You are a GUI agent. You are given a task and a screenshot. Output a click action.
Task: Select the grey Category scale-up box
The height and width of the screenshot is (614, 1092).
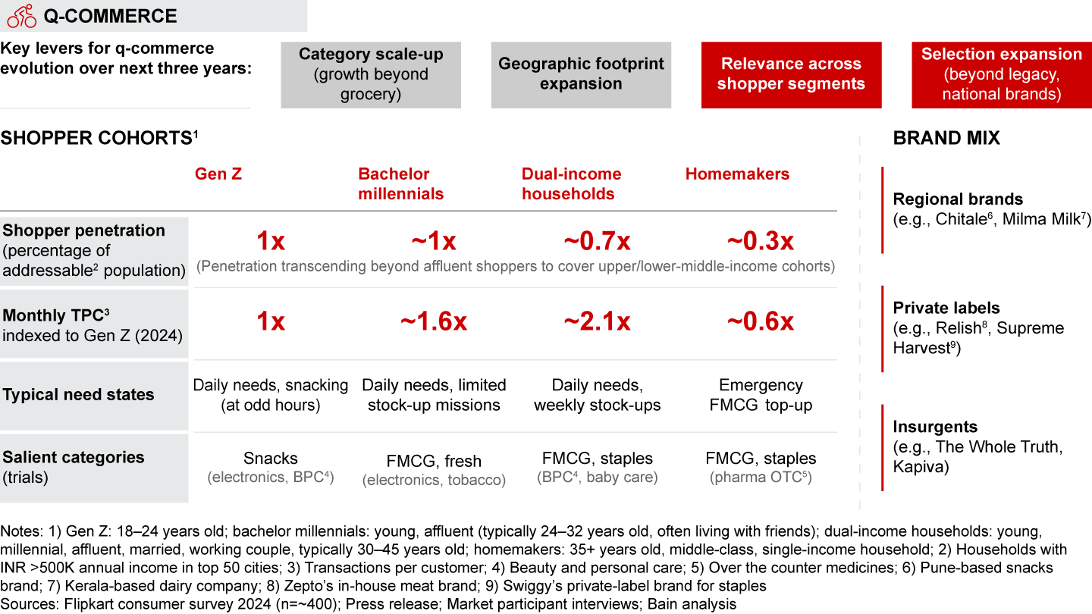[x=371, y=74]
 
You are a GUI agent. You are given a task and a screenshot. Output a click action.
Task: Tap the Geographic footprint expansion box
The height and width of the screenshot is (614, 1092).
[x=581, y=74]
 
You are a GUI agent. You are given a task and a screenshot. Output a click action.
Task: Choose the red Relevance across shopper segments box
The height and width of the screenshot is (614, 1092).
[x=791, y=74]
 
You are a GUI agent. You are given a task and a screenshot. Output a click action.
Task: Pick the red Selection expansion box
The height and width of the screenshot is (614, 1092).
[x=1001, y=74]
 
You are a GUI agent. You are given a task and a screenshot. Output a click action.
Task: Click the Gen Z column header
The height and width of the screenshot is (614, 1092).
[x=218, y=174]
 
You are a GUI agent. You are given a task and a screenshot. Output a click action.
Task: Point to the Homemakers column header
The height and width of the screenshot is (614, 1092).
[x=737, y=174]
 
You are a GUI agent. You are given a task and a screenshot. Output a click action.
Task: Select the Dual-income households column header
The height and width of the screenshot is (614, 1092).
[x=571, y=183]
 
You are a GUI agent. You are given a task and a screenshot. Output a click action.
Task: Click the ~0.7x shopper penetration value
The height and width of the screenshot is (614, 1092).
[x=597, y=242]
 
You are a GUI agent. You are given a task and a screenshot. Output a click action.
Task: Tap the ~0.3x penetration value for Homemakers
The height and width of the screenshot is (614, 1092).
[x=761, y=242]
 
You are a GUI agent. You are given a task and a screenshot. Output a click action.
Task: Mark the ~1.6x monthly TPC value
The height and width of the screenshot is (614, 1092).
[x=434, y=322]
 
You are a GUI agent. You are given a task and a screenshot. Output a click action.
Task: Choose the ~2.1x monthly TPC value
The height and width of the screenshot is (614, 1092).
[x=597, y=322]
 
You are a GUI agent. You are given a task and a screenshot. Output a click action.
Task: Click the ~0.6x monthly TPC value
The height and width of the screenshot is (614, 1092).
[x=761, y=322]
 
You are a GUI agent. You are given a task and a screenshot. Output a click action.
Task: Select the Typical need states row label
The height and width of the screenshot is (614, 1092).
[x=79, y=395]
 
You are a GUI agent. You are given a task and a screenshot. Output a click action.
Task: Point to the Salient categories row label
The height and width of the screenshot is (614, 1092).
[x=74, y=457]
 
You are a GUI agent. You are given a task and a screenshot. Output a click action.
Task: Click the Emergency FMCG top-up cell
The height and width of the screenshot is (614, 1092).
[x=761, y=395]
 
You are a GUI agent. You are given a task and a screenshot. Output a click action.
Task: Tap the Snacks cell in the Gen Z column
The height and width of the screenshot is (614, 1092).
[x=271, y=459]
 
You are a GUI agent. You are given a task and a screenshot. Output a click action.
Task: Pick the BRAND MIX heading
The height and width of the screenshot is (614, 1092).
[x=946, y=138]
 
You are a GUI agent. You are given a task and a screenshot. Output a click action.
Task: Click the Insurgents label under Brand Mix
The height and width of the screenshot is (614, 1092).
[x=935, y=427]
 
